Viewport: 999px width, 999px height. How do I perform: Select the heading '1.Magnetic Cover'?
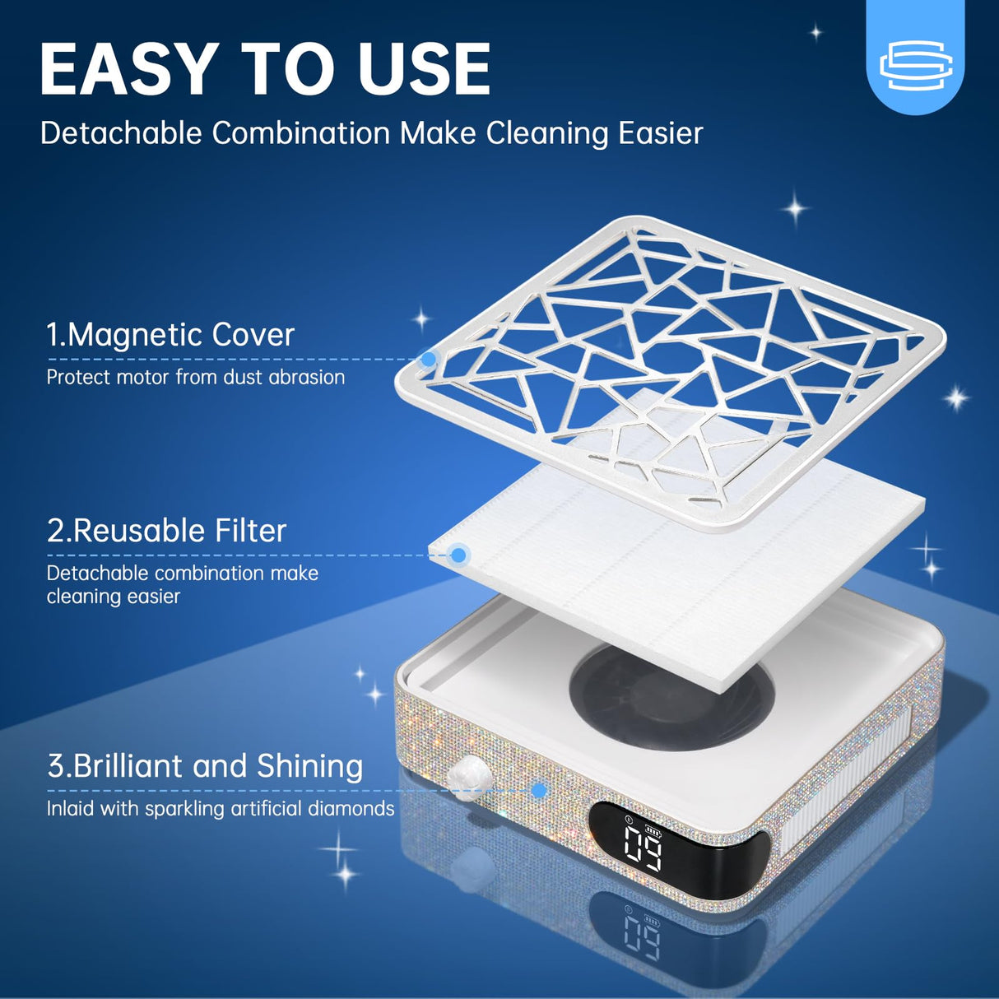click(x=170, y=335)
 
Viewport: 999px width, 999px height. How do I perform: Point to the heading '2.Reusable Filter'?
click(x=166, y=531)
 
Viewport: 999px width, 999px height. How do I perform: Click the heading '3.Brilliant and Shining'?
click(x=205, y=766)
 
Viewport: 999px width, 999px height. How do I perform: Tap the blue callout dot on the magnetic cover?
click(x=428, y=359)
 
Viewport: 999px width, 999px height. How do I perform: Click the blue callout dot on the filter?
click(x=459, y=555)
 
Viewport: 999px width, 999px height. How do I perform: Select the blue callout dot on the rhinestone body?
click(x=539, y=791)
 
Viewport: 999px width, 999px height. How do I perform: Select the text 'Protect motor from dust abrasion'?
click(x=195, y=378)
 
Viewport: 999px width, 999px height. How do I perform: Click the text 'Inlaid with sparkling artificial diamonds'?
click(x=220, y=809)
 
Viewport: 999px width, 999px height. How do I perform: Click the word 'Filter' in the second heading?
click(x=250, y=531)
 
